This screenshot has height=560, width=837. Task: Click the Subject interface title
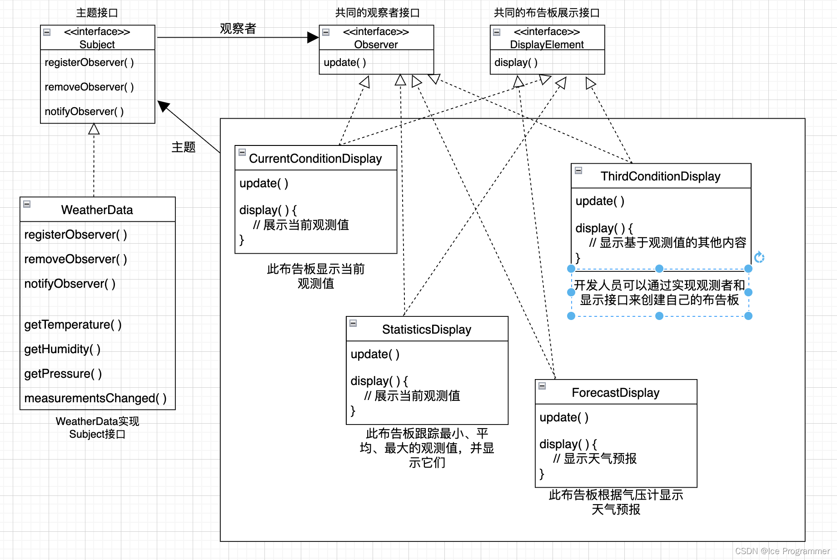tap(97, 44)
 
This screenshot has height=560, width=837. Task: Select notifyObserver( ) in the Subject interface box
tap(84, 111)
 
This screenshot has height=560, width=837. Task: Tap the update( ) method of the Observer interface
tap(344, 62)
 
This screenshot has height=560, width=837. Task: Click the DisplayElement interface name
tap(547, 44)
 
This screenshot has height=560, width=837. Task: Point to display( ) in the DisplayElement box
tap(516, 62)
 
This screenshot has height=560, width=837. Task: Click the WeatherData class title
tap(97, 210)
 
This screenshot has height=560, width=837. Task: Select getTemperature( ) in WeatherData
tap(73, 325)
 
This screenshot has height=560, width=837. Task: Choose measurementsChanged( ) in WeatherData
tap(95, 398)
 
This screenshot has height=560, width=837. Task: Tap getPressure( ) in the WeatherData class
tap(63, 374)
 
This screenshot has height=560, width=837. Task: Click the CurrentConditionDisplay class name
tap(315, 158)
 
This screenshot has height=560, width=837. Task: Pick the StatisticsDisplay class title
tap(426, 329)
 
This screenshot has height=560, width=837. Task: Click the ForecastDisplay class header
tap(615, 392)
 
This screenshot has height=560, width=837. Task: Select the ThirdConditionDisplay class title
tap(660, 176)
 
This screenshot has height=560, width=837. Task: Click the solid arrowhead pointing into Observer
tap(313, 37)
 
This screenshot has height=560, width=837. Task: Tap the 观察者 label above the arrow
tap(238, 29)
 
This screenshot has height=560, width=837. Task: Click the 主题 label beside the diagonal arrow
tap(183, 147)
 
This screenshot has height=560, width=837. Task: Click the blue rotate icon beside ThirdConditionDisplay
tap(759, 258)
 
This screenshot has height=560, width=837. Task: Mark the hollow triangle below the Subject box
tap(94, 129)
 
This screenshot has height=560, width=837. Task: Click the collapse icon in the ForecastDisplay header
tap(542, 386)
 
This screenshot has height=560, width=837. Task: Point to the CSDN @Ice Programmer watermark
tap(782, 551)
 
